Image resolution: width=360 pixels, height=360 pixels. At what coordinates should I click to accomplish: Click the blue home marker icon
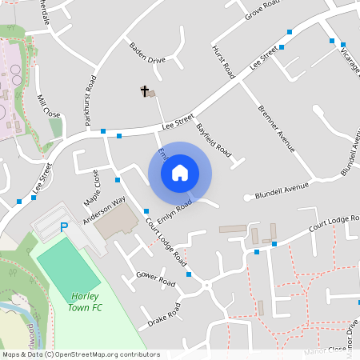pos(180,173)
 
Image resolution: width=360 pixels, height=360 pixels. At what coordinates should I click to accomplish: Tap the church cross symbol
pos(146,91)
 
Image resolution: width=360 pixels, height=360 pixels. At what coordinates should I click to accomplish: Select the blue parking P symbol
pos(64,228)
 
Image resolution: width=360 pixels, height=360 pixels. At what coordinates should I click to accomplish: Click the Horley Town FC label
pos(85,302)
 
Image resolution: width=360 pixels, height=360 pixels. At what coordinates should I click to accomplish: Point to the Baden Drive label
pos(146,54)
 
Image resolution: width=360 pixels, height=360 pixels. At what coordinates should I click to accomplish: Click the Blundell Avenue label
pos(282,190)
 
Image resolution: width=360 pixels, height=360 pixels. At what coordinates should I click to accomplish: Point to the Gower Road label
pos(155,278)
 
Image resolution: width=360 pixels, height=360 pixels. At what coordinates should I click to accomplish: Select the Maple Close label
pos(91,186)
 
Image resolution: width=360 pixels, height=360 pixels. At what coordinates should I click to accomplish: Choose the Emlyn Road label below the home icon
pos(175,210)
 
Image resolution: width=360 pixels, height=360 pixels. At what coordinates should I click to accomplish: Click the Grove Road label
pos(265,9)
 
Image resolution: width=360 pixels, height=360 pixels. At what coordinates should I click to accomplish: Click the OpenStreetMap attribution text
pos(74,354)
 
